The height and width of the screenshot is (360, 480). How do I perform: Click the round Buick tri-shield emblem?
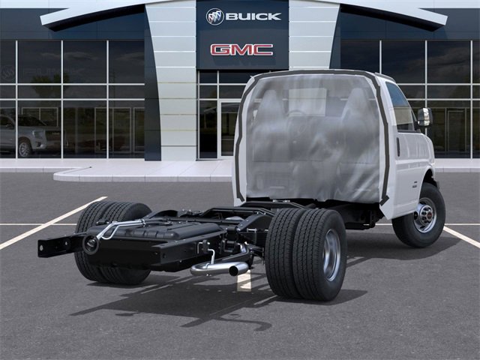[215, 16]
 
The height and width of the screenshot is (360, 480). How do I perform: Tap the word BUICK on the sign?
[253, 16]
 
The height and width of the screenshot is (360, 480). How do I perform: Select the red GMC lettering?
[241, 49]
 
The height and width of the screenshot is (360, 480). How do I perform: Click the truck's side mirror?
[424, 117]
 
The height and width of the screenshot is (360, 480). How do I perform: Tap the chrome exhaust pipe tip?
[238, 268]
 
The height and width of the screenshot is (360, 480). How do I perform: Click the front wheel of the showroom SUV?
[25, 148]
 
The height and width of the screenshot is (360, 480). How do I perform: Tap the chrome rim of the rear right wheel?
[331, 255]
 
